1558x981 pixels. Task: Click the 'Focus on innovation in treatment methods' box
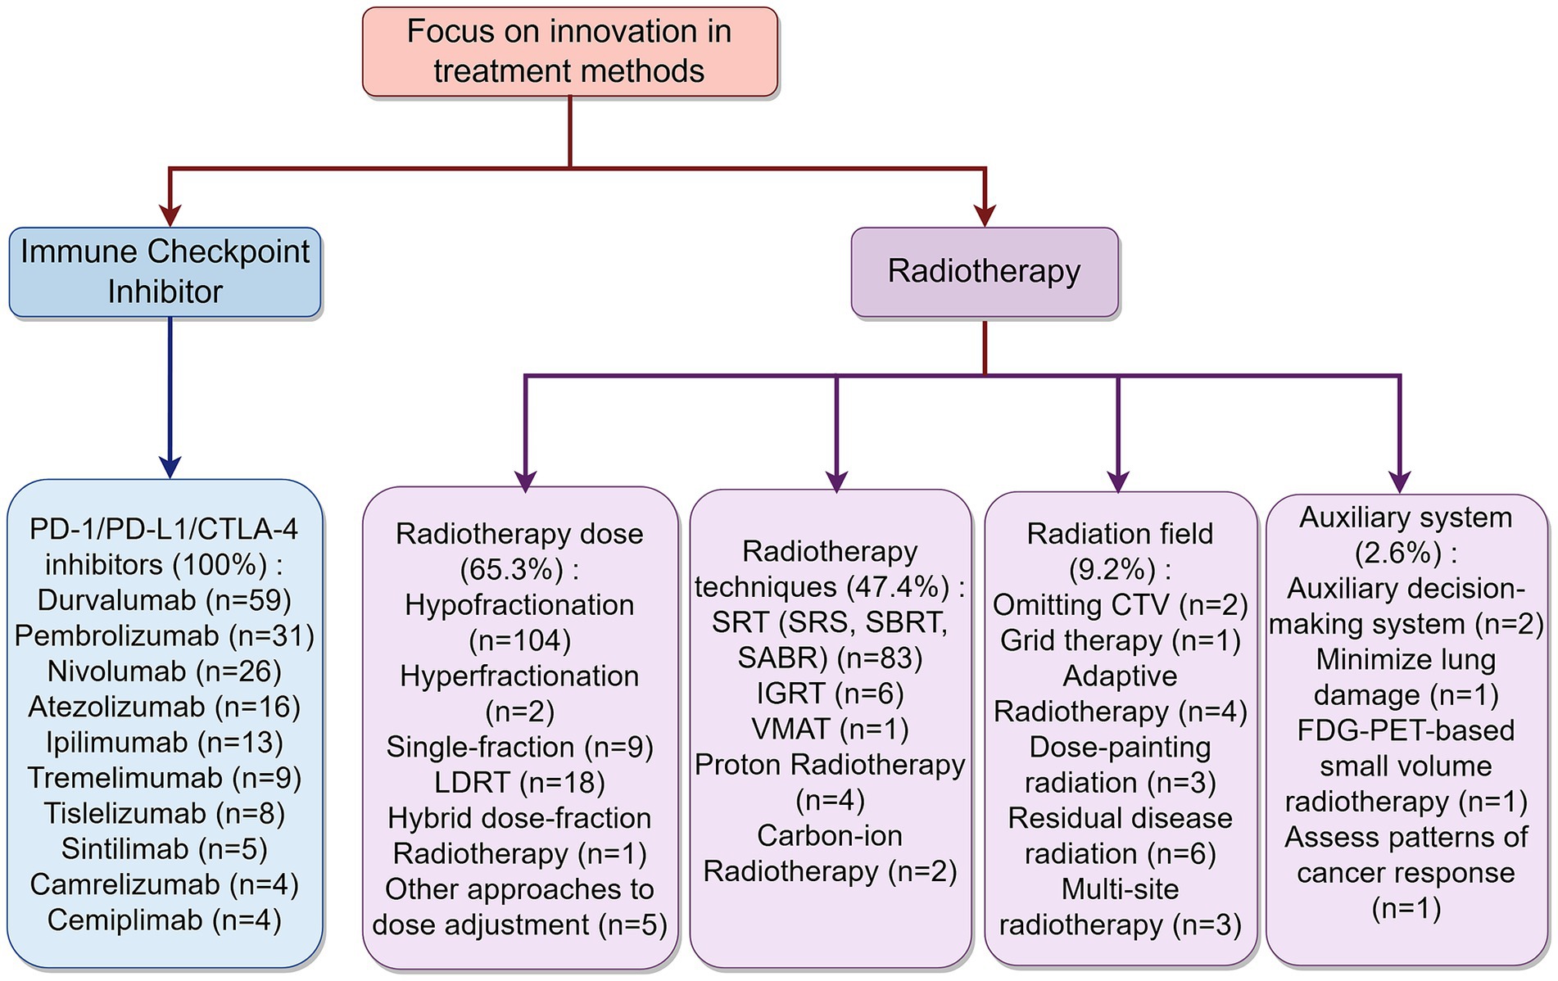569,52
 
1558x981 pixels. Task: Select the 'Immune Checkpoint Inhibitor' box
165,272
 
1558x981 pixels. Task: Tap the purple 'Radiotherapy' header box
984,272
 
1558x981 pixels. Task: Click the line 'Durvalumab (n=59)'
165,600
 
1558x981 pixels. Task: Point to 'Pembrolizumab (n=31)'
165,635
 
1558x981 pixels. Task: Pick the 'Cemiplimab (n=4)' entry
165,920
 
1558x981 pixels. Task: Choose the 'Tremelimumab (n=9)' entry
165,777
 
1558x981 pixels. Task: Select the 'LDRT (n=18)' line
520,782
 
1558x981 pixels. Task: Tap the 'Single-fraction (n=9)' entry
520,747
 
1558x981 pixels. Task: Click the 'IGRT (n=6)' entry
830,694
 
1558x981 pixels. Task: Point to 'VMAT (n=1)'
830,729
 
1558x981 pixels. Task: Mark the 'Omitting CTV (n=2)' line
1120,604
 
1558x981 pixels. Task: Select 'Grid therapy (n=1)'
1120,640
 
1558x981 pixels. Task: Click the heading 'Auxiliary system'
1406,518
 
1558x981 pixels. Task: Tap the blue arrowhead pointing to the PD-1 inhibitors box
170,467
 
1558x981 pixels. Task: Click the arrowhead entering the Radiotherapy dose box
525,481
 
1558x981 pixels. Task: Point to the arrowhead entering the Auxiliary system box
1400,481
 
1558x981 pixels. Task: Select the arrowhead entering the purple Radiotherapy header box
985,215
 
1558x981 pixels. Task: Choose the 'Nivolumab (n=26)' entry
165,671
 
